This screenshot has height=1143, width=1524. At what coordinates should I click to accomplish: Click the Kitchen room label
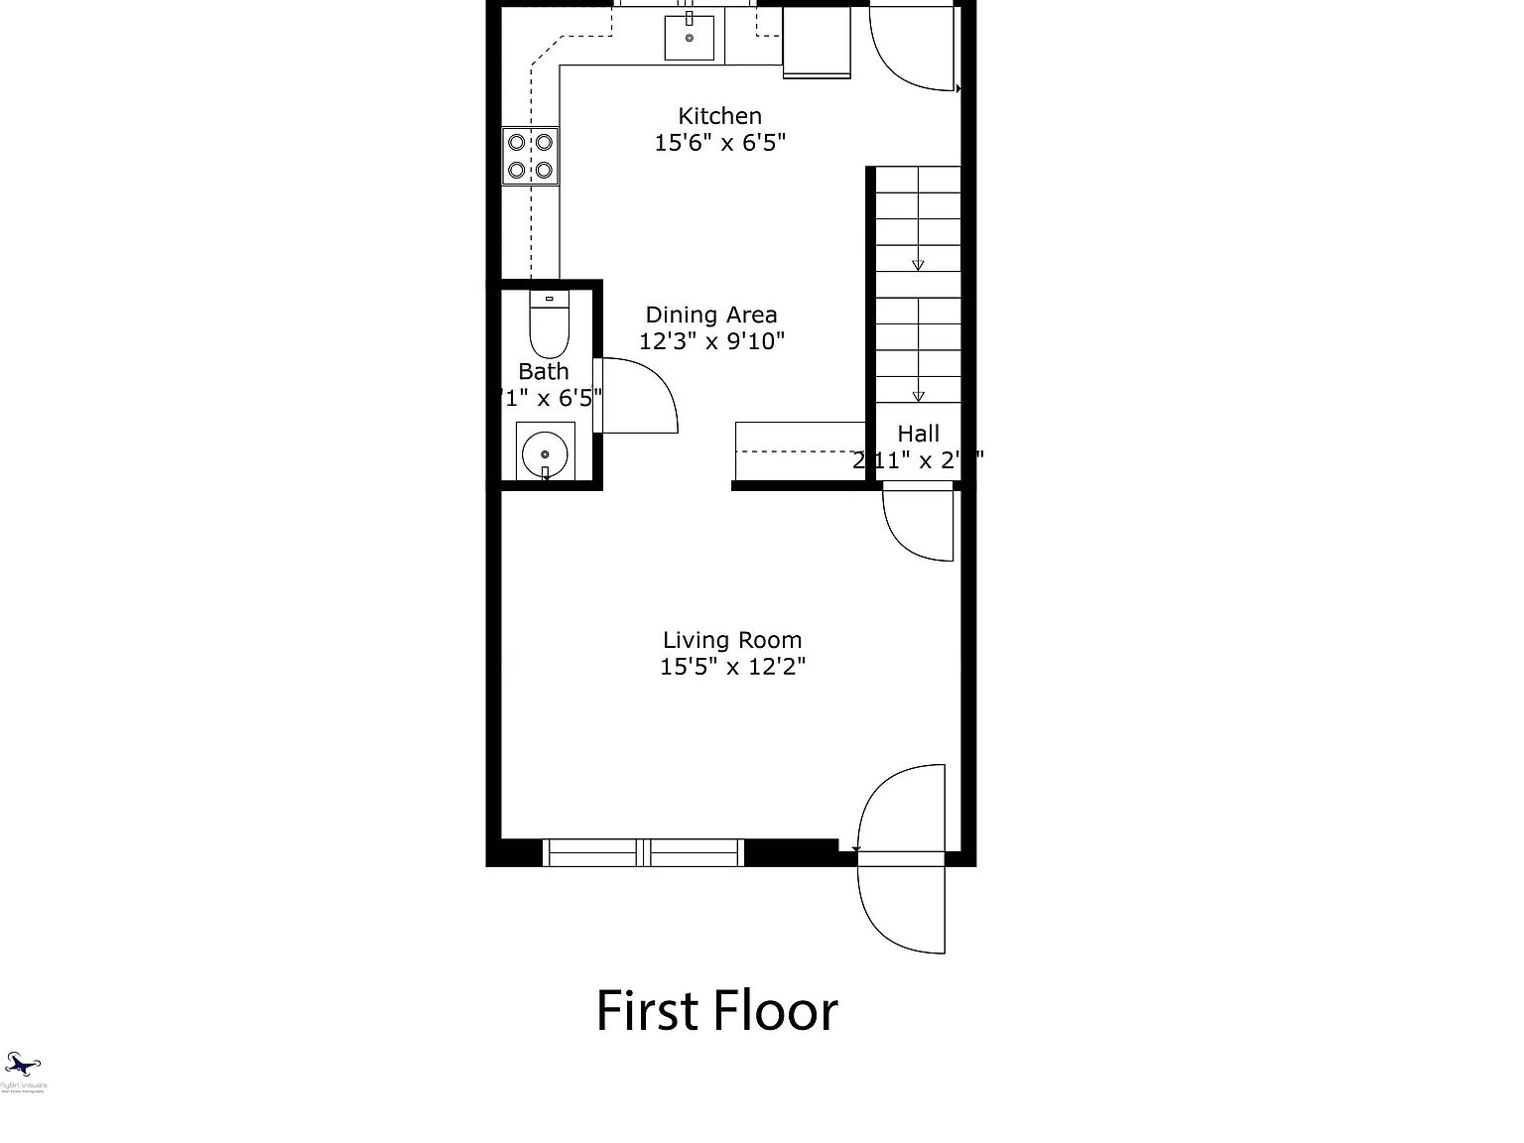coord(719,116)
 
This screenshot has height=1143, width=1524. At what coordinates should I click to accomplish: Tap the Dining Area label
coord(711,316)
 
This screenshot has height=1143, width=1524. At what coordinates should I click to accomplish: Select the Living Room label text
coord(732,641)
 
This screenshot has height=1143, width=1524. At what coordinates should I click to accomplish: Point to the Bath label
coord(544,372)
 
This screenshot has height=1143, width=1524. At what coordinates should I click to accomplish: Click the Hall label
coord(919,434)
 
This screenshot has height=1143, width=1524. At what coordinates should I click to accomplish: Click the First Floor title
coord(716,1011)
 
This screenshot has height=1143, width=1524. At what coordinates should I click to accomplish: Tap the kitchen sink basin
coord(689,38)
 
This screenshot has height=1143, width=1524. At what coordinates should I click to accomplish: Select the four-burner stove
coord(530,156)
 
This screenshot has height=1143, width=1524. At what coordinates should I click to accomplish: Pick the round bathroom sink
coord(545,453)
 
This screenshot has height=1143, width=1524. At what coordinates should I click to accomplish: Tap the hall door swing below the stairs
coord(919,524)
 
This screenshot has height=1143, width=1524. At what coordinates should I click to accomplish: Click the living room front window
coord(644,852)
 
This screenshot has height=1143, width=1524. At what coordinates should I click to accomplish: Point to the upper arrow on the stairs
coord(918,265)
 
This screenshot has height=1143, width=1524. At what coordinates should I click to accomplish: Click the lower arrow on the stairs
coord(918,396)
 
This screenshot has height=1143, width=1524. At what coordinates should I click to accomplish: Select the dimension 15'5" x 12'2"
coord(732,667)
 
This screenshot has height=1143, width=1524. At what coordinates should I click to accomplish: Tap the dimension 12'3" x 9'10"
coord(711,342)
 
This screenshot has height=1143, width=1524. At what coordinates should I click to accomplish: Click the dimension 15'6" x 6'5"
coord(719,143)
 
